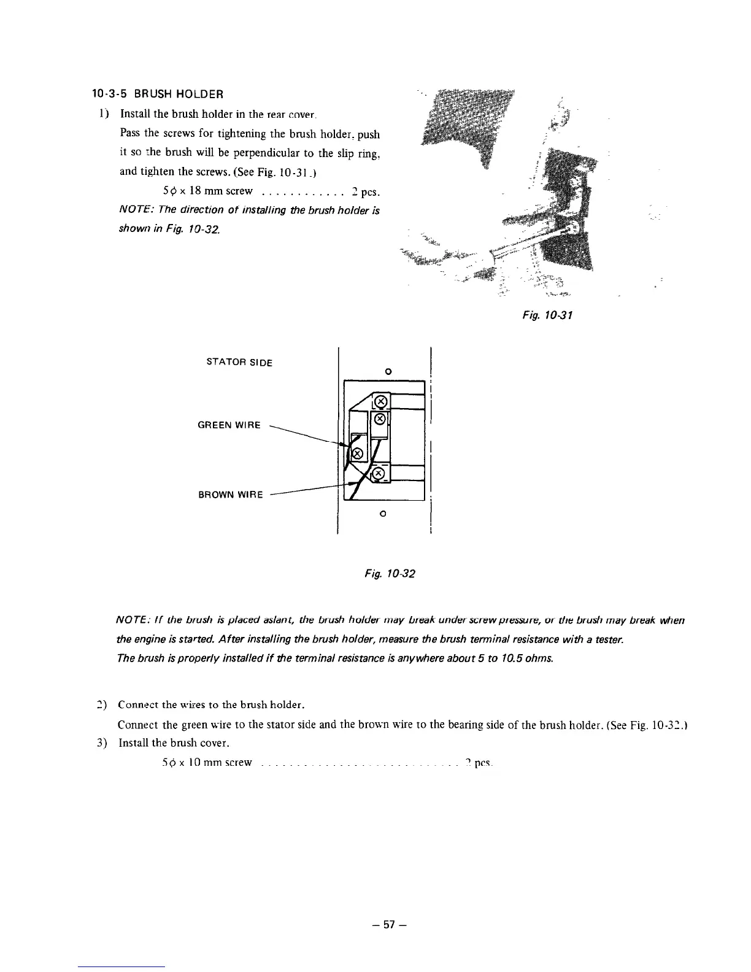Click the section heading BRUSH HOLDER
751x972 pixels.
click(x=157, y=94)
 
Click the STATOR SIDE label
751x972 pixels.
click(x=240, y=362)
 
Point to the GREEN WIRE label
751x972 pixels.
click(x=229, y=425)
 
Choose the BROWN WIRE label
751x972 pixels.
click(x=231, y=495)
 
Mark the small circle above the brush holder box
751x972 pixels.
click(x=387, y=371)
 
